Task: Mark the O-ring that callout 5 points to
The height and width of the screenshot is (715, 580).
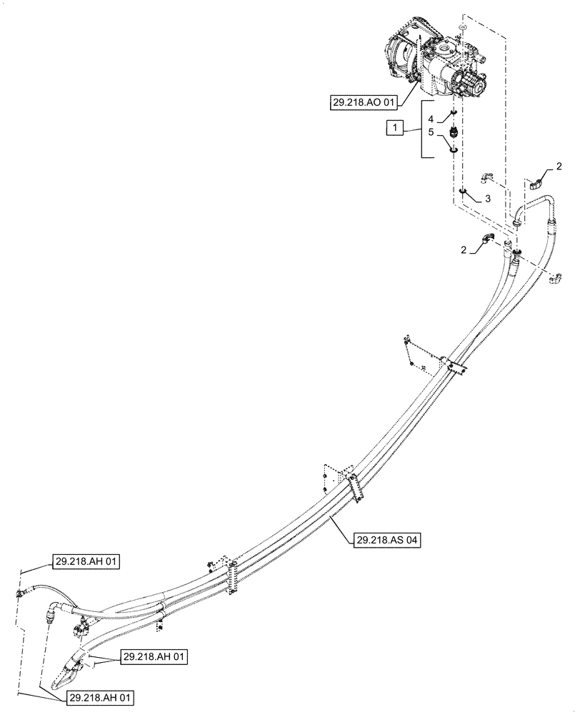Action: tap(453, 149)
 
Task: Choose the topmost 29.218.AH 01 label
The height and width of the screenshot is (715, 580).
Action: tap(85, 562)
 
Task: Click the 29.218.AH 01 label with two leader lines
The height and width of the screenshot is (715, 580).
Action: tap(154, 656)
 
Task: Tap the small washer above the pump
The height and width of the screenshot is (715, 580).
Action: tap(463, 28)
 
